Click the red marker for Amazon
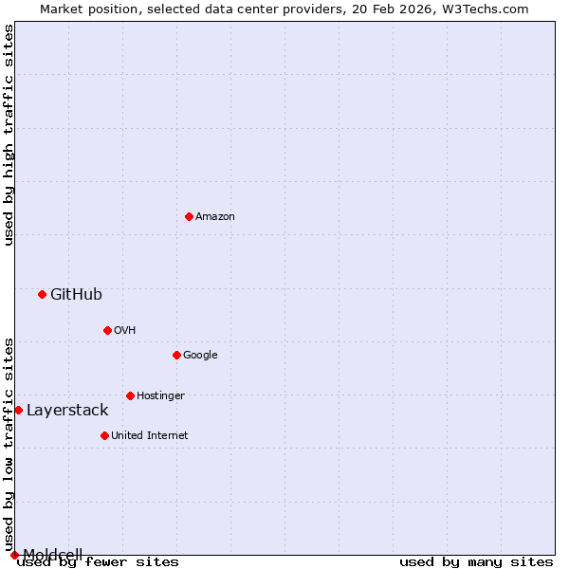(189, 216)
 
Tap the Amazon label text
(215, 217)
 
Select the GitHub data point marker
(42, 294)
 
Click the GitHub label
(76, 295)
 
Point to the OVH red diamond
(107, 330)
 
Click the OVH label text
(124, 331)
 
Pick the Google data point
(176, 355)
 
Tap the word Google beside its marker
(200, 356)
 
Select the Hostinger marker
(130, 395)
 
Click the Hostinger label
(160, 396)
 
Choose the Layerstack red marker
(18, 410)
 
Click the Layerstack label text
(67, 411)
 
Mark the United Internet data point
(104, 435)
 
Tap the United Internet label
(149, 436)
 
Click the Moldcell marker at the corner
(14, 555)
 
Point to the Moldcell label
(53, 554)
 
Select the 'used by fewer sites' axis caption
(98, 562)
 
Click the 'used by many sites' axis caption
(476, 562)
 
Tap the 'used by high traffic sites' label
(9, 135)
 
